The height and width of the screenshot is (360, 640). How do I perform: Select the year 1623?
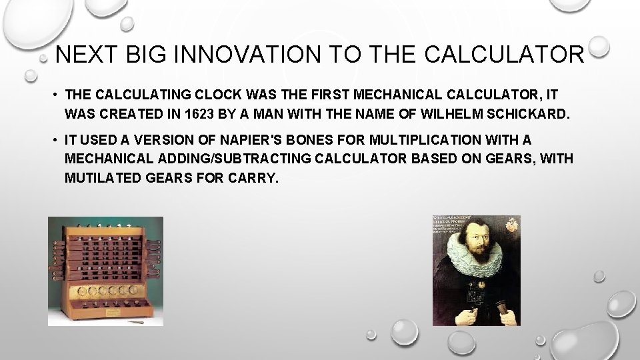click(202, 114)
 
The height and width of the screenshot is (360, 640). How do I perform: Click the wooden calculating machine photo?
click(105, 271)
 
